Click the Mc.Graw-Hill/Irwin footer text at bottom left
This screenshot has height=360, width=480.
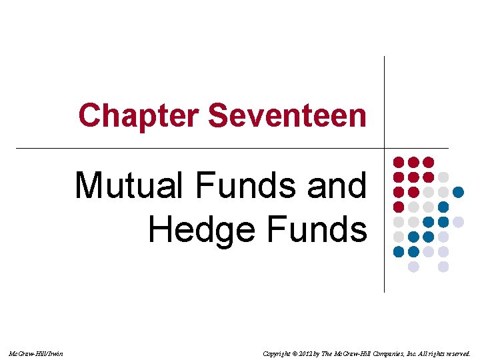37,353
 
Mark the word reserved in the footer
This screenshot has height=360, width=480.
457,353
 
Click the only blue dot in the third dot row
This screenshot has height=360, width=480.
458,192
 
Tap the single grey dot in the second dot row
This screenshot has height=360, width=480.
443,177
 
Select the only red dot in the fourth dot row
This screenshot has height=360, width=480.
399,207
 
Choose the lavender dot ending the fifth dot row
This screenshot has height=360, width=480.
458,221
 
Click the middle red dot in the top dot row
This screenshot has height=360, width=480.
413,162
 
